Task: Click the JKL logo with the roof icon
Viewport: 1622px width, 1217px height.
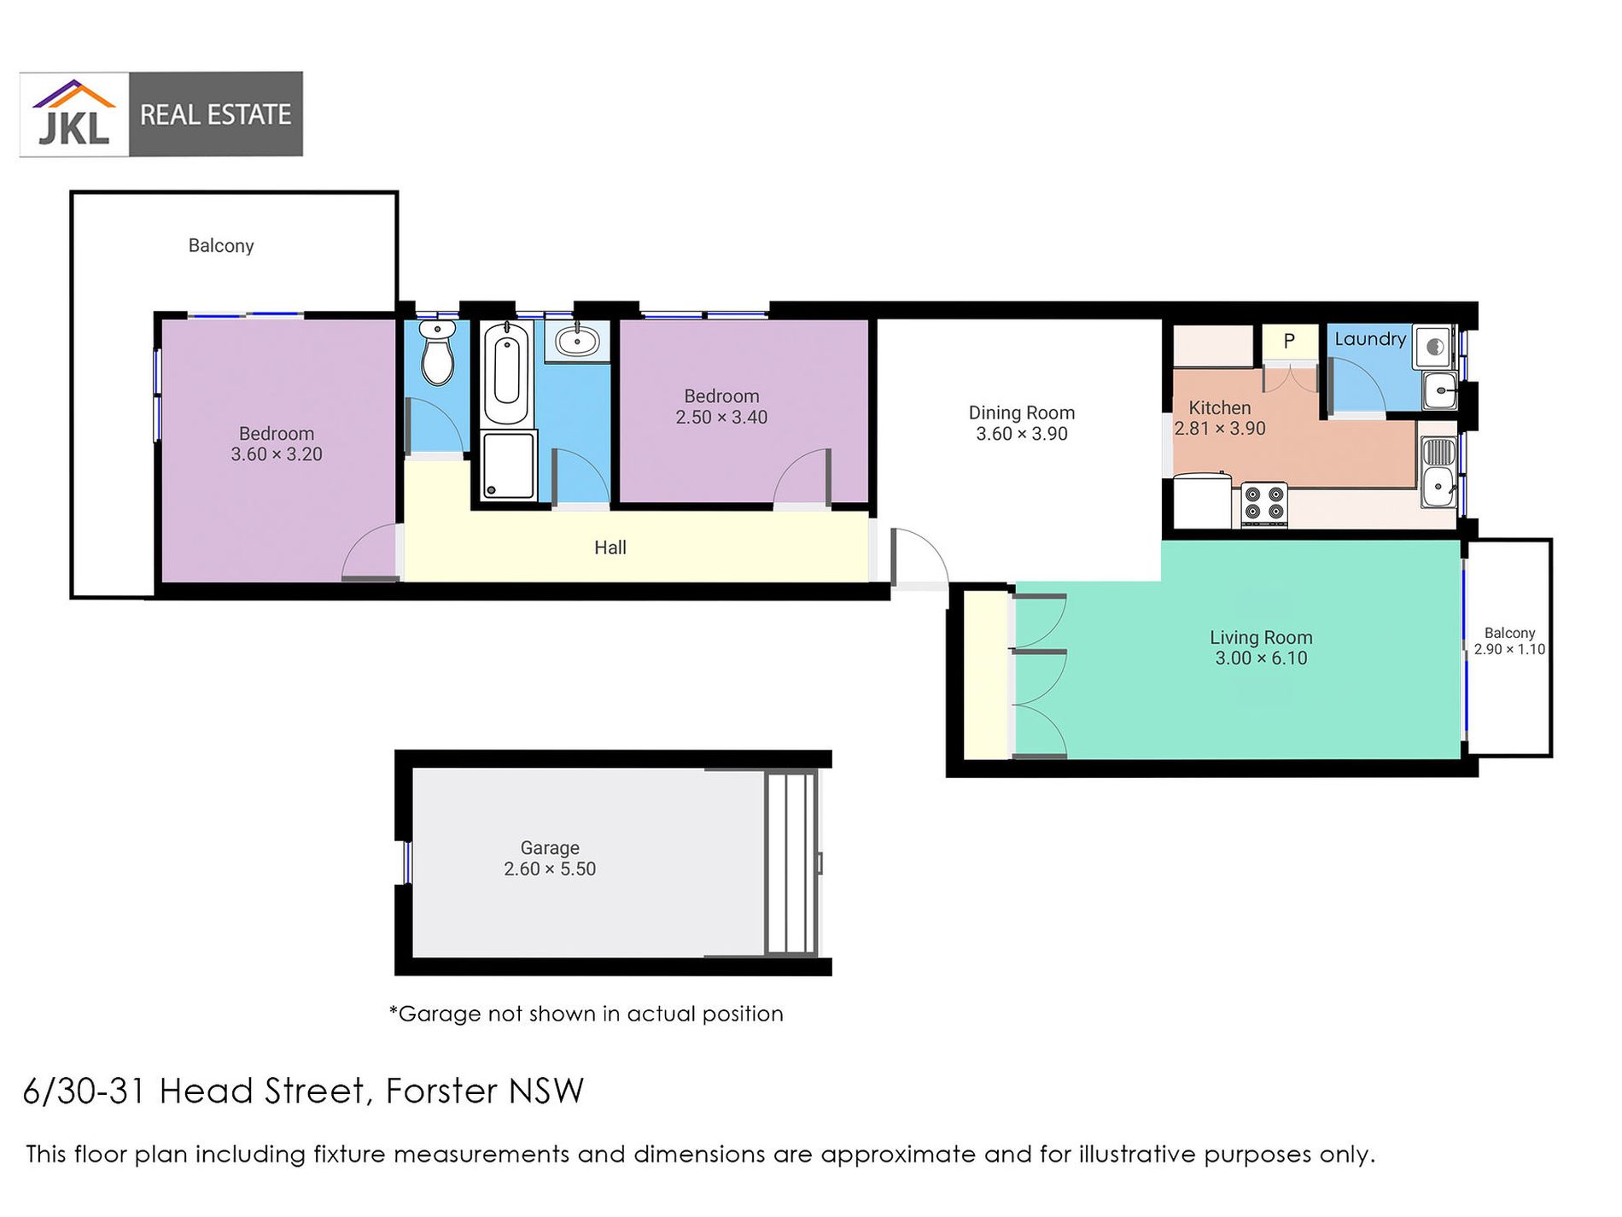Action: coord(74,114)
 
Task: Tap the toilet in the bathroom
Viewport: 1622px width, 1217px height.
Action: coord(438,354)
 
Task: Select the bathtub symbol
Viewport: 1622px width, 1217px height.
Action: coord(506,374)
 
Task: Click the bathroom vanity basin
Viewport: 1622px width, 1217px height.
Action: coord(577,342)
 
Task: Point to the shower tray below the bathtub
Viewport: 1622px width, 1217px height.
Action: coord(509,465)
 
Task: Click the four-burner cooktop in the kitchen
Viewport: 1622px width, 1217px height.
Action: coord(1264,503)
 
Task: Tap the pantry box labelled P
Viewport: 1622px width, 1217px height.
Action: coord(1289,341)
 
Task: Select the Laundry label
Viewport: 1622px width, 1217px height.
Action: coord(1369,339)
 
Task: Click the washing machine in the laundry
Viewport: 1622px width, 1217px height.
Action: coord(1434,347)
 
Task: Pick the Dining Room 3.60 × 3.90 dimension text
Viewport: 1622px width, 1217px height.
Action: coord(1022,434)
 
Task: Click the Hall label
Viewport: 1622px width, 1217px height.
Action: coord(610,547)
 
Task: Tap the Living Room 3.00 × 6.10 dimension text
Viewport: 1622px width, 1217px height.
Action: coord(1261,658)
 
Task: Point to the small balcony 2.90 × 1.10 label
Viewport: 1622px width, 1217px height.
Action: coord(1509,641)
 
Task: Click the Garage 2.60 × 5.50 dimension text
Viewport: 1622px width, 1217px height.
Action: coord(550,869)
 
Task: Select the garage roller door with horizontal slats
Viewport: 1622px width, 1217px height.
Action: coord(791,863)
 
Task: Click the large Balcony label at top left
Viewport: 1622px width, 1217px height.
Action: coord(221,246)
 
